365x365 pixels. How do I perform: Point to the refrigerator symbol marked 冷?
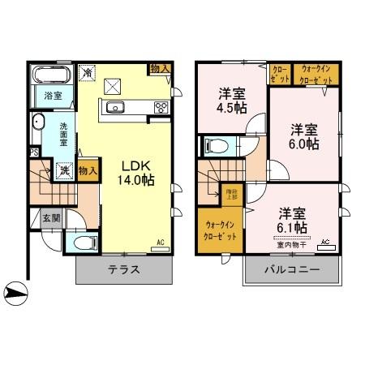(x=88, y=72)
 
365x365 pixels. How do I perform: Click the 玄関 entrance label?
(x=50, y=218)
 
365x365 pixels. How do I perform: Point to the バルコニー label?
(x=291, y=271)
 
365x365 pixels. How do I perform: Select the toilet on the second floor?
(x=214, y=146)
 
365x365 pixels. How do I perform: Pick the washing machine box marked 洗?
(x=62, y=171)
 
